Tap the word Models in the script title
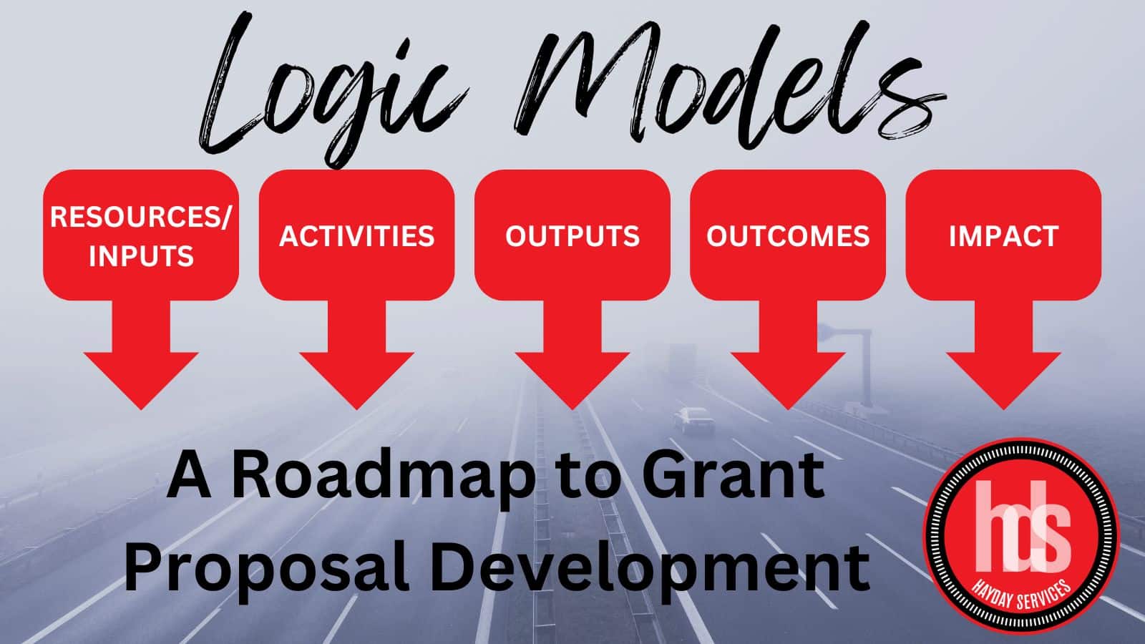coord(726,82)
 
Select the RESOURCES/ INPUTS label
coord(141,236)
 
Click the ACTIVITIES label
coord(357,236)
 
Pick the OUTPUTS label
coord(572,236)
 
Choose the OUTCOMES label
coord(788,236)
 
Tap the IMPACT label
coord(1003,236)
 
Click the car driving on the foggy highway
coord(694,421)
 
